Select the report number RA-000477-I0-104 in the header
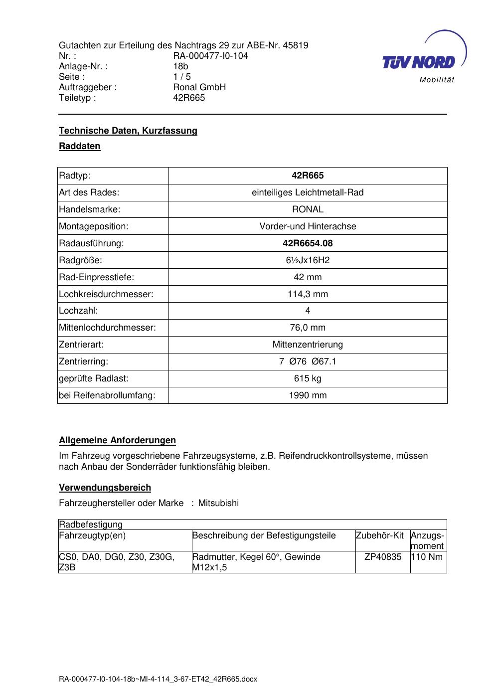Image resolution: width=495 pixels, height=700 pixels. [210, 56]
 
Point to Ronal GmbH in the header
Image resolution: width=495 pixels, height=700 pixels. [199, 87]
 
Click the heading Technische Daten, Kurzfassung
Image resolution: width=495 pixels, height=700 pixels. [128, 131]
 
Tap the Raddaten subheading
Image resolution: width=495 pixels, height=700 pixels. [80, 146]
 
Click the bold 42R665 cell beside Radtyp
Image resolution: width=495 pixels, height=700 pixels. [308, 175]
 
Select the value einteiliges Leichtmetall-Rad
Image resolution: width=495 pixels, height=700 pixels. [308, 192]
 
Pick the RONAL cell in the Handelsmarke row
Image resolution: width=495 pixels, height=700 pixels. [308, 209]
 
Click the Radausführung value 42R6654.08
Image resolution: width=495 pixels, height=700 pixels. [308, 243]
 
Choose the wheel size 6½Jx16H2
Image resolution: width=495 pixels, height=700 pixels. [308, 260]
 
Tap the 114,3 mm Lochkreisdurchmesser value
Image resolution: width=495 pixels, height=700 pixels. [308, 294]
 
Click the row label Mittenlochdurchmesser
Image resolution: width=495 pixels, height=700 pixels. [107, 328]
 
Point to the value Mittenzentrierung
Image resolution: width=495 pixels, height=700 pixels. [308, 345]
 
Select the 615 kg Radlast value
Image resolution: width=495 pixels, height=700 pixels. [308, 378]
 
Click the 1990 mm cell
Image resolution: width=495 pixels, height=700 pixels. [308, 395]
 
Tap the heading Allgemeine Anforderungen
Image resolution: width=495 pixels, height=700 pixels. [117, 440]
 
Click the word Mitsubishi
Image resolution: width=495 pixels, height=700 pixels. [218, 503]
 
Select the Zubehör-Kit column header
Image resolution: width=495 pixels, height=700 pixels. [379, 535]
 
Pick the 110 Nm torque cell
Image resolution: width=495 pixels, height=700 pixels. [427, 557]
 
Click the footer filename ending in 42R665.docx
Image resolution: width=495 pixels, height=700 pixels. [158, 679]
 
